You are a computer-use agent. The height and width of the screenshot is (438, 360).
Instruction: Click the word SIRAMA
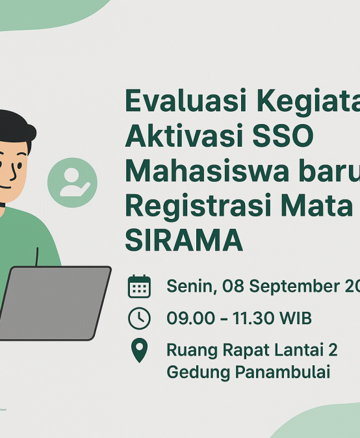183,239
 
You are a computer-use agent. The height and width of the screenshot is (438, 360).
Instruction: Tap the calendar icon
139,287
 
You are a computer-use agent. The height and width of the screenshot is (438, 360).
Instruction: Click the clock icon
139,318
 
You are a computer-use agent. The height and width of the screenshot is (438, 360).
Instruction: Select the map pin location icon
139,351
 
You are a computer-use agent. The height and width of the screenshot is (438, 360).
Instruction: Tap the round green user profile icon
72,183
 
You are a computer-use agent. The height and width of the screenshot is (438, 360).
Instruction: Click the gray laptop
55,302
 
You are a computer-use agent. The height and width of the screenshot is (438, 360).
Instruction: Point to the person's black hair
16,123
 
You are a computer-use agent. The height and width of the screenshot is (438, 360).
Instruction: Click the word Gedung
192,373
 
